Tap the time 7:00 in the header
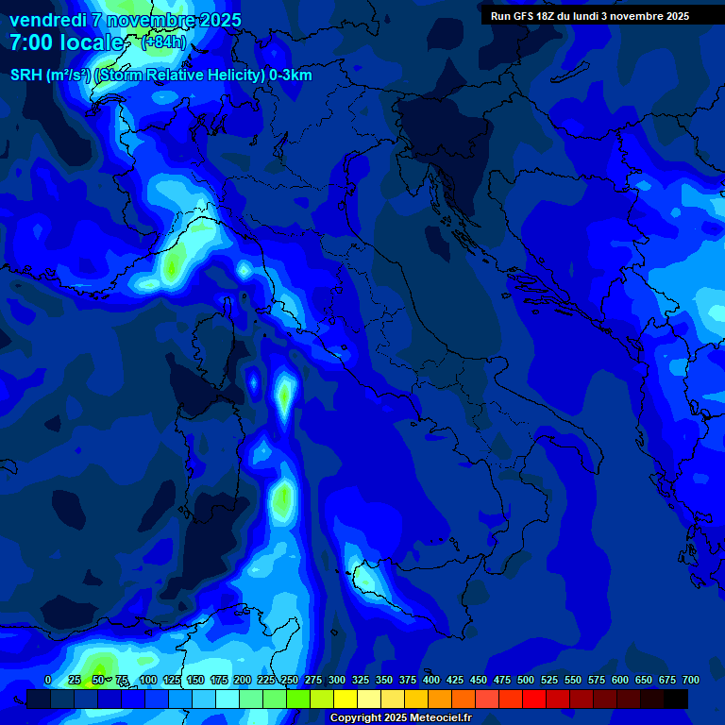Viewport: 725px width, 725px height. (x=33, y=43)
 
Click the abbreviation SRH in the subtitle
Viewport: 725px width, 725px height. (x=26, y=76)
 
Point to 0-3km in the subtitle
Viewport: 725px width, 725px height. (x=291, y=76)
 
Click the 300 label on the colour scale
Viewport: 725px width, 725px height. (x=337, y=681)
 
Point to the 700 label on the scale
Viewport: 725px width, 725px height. (x=691, y=681)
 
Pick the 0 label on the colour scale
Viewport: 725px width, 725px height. (x=48, y=681)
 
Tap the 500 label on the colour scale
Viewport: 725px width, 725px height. (x=526, y=681)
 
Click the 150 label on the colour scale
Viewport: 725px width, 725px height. (x=195, y=681)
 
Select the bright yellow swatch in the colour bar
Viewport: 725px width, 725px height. (x=346, y=700)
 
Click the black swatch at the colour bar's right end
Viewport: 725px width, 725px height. (x=676, y=700)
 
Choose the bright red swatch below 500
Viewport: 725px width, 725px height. (x=534, y=700)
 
